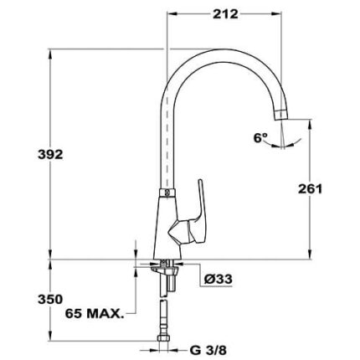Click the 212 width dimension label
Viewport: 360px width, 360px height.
pos(225,14)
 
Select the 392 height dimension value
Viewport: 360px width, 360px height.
pos(50,154)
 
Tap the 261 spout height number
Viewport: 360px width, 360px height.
pos(310,189)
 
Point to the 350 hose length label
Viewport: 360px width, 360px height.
pos(50,300)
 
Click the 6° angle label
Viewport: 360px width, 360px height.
pos(260,138)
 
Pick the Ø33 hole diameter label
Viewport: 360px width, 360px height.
pos(218,279)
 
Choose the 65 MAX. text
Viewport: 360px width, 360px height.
pos(94,314)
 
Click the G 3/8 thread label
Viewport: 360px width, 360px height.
pos(208,351)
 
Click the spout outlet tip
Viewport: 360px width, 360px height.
pos(280,115)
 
